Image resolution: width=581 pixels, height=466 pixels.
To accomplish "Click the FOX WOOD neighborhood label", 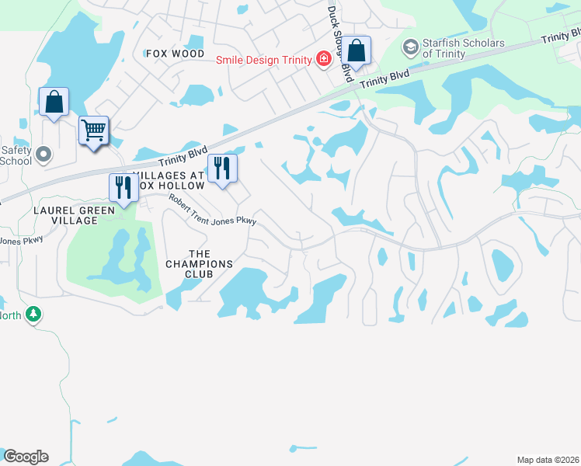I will click(x=175, y=54).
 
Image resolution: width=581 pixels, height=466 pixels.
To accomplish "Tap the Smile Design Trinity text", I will click(x=263, y=60).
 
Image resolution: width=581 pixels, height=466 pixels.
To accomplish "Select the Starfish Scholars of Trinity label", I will click(x=464, y=48).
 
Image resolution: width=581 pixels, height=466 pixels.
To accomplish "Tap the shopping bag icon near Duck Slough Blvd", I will click(x=357, y=51).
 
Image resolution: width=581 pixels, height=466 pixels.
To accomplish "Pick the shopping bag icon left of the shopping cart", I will click(x=54, y=102).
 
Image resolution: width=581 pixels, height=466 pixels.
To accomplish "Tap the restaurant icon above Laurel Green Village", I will click(x=124, y=188).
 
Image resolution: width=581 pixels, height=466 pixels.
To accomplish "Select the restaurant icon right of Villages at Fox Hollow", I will click(x=223, y=169).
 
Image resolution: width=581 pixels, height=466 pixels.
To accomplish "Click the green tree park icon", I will click(x=33, y=315).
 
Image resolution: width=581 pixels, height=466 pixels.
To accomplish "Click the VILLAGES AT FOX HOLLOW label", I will click(x=169, y=181).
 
